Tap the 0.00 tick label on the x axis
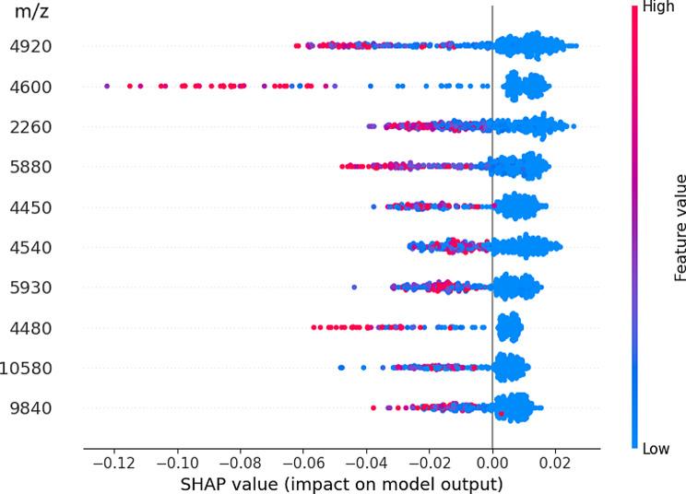click(x=491, y=464)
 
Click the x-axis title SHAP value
click(x=341, y=484)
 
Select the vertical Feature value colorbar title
click(x=680, y=226)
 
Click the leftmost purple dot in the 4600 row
click(x=107, y=86)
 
